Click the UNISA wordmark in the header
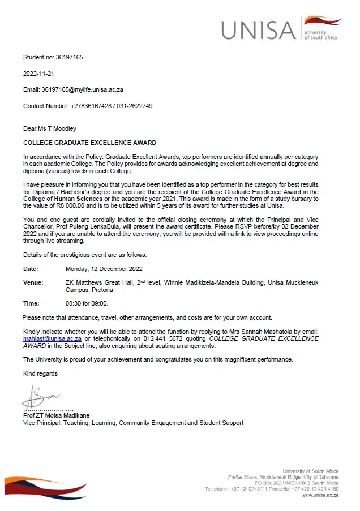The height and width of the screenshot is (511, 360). (258, 29)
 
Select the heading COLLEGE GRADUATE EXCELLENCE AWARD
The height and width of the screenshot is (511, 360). (89, 143)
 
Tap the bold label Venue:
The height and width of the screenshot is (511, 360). (32, 282)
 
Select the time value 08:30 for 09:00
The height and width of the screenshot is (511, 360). (87, 303)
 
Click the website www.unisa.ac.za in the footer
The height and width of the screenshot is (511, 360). (320, 495)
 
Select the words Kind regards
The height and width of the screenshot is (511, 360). (40, 373)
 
